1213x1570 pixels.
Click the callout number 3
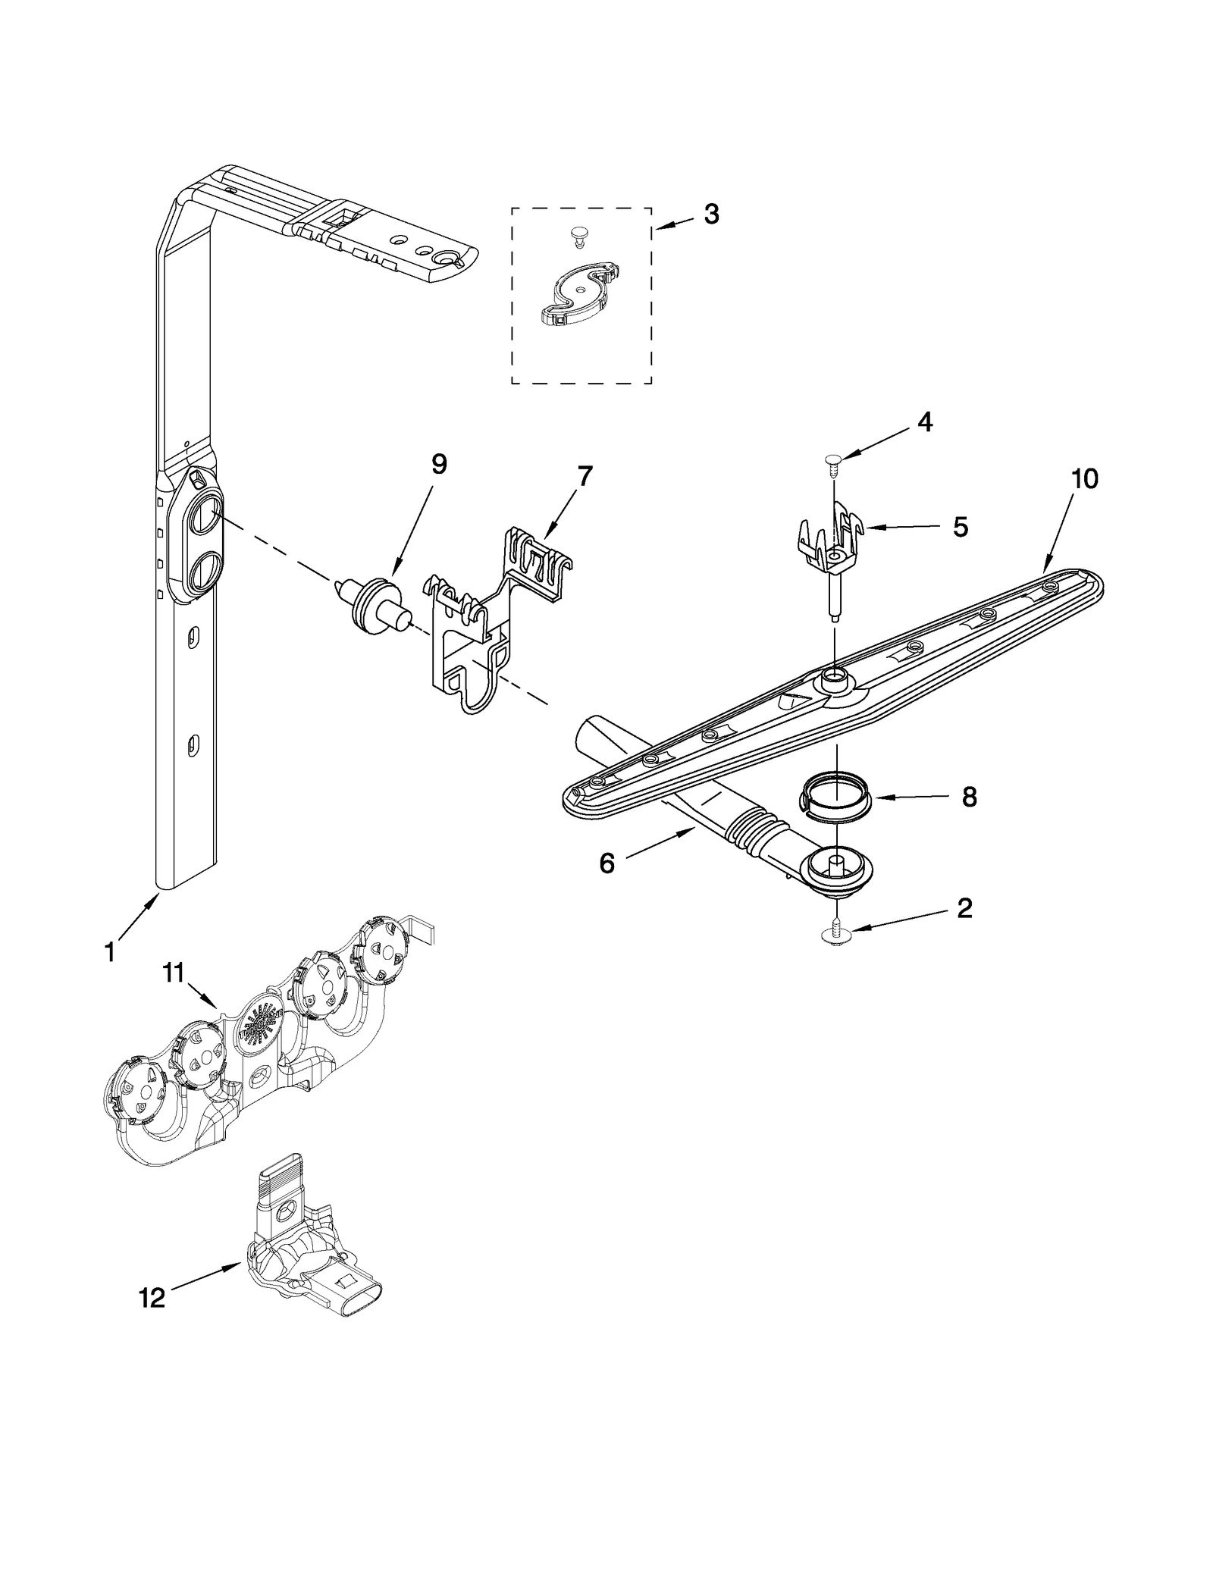710,215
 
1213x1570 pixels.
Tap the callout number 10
1085,478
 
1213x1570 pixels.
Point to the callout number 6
606,863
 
